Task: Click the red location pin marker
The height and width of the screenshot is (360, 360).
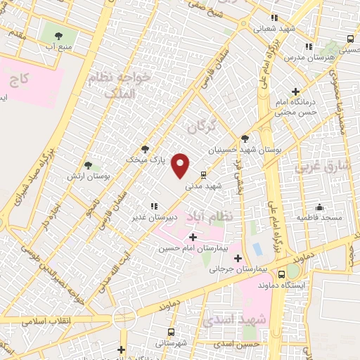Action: tap(181, 165)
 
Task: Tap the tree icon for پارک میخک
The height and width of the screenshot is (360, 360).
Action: tap(145, 148)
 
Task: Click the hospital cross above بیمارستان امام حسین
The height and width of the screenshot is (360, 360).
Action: tap(193, 238)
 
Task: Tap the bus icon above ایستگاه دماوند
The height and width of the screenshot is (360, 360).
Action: tap(282, 274)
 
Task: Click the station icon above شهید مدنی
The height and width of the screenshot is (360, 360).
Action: tap(204, 174)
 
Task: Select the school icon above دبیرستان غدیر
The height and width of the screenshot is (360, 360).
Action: tap(153, 206)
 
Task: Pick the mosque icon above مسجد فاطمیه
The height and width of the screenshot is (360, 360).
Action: tap(320, 207)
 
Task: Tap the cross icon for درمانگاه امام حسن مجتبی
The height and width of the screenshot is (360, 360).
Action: tap(296, 91)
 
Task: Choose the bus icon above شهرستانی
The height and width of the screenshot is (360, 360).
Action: tap(171, 332)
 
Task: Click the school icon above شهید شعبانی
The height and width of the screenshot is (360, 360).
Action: tap(274, 18)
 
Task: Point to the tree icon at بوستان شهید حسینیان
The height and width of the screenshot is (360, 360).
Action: tap(245, 139)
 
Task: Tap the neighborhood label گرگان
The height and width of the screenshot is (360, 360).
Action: tap(200, 127)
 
